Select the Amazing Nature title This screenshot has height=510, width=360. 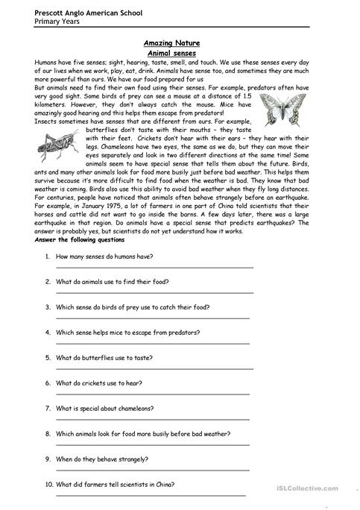(178, 45)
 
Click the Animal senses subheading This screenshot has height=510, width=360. (178, 54)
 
